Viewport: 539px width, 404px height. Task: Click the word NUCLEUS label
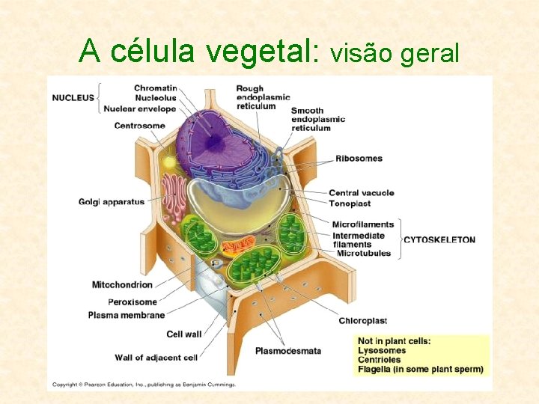73,97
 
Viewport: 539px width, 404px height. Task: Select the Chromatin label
155,88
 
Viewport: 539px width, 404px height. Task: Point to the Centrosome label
139,126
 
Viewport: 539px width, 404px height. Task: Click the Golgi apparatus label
112,202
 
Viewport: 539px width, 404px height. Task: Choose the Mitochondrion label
122,284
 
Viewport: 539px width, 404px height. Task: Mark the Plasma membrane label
126,315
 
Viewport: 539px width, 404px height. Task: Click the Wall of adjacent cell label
156,357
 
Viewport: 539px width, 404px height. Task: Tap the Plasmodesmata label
288,350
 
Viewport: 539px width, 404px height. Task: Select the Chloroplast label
362,321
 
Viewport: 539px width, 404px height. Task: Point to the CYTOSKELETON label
439,240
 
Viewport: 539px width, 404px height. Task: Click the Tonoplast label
350,203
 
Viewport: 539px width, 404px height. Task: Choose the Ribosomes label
359,159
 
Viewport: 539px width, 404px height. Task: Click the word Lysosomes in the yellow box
382,351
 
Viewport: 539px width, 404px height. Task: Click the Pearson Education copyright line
143,385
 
